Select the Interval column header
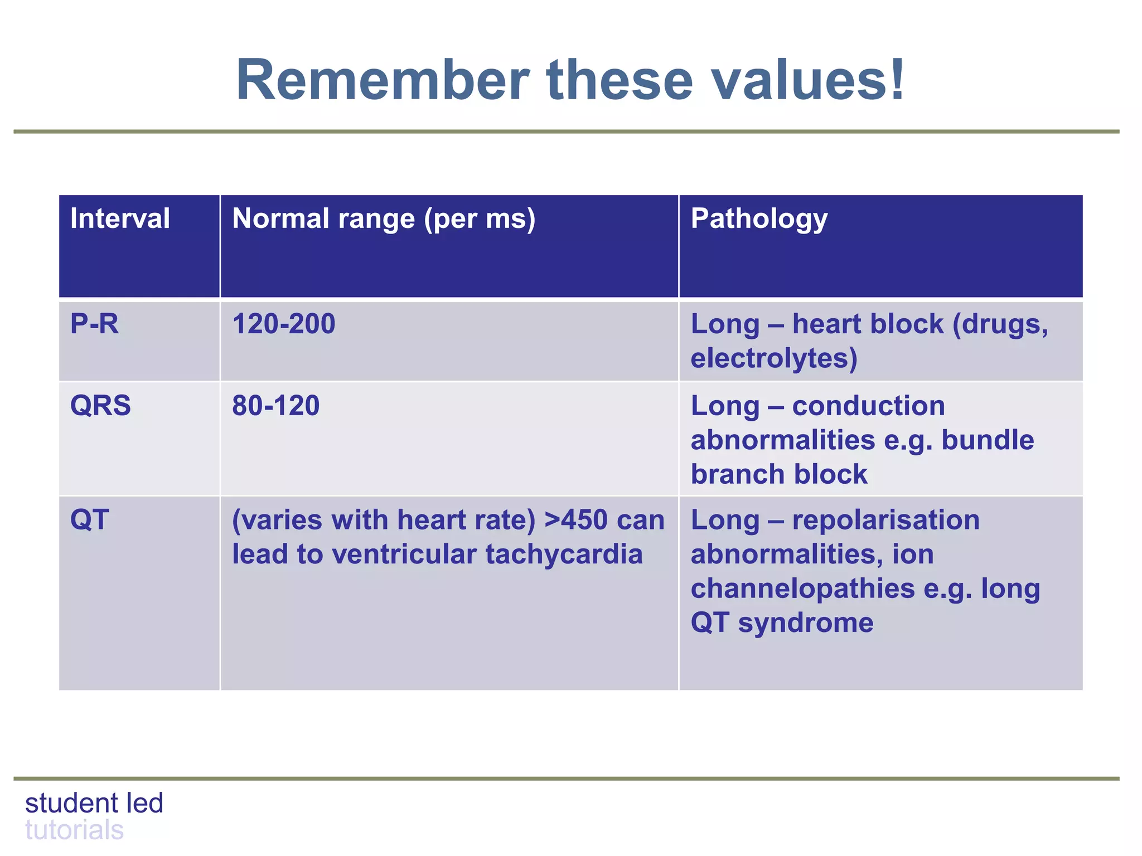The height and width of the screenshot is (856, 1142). tap(120, 218)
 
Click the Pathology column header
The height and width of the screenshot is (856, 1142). tap(759, 218)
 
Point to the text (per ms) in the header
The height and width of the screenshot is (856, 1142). tap(480, 218)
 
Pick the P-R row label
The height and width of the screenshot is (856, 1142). tap(94, 324)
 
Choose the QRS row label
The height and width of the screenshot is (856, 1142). tap(100, 405)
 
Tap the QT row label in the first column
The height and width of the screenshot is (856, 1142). tap(89, 520)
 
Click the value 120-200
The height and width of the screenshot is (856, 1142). tap(283, 324)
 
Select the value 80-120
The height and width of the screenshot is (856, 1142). tap(275, 405)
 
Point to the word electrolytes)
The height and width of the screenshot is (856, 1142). tap(774, 358)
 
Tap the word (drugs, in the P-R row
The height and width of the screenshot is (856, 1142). tap(1000, 324)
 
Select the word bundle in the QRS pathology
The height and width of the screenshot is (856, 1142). tap(988, 440)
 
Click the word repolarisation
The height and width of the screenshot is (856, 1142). tap(885, 520)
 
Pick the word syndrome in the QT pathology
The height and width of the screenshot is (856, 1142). tap(806, 622)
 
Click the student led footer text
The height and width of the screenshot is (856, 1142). tap(94, 803)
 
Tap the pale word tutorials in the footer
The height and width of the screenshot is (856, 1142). tap(74, 830)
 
